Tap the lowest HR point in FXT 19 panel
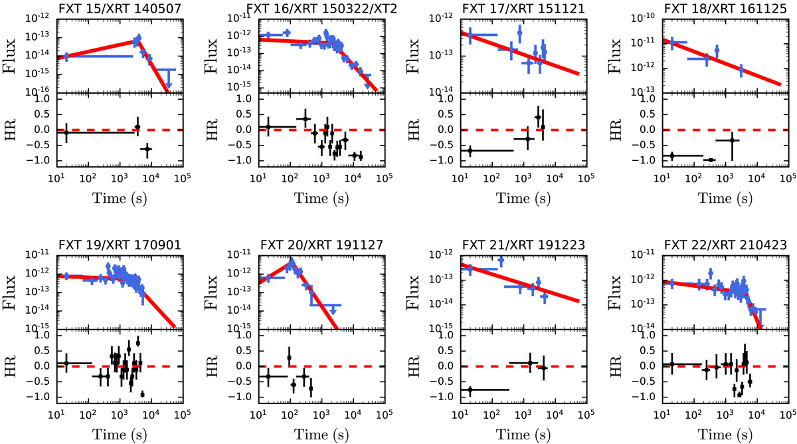142,394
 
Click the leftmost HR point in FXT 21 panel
470,390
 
